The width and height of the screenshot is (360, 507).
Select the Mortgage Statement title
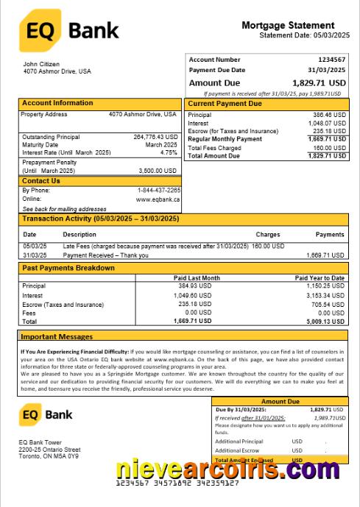288,25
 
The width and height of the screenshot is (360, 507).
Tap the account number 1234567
331,59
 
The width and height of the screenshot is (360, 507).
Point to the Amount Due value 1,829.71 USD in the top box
319,83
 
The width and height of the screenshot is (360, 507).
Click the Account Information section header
57,103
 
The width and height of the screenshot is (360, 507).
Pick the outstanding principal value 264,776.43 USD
155,137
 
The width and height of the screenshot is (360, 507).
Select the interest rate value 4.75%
169,152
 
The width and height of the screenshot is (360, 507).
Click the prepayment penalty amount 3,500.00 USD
158,170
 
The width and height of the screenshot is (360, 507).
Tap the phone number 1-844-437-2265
158,191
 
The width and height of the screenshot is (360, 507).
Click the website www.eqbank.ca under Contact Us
158,199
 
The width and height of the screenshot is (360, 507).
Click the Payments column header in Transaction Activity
330,234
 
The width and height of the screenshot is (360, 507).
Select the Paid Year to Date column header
320,277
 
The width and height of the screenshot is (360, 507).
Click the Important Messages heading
57,336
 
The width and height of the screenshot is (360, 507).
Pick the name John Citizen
42,65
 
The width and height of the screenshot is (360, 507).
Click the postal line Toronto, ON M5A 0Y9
49,455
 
